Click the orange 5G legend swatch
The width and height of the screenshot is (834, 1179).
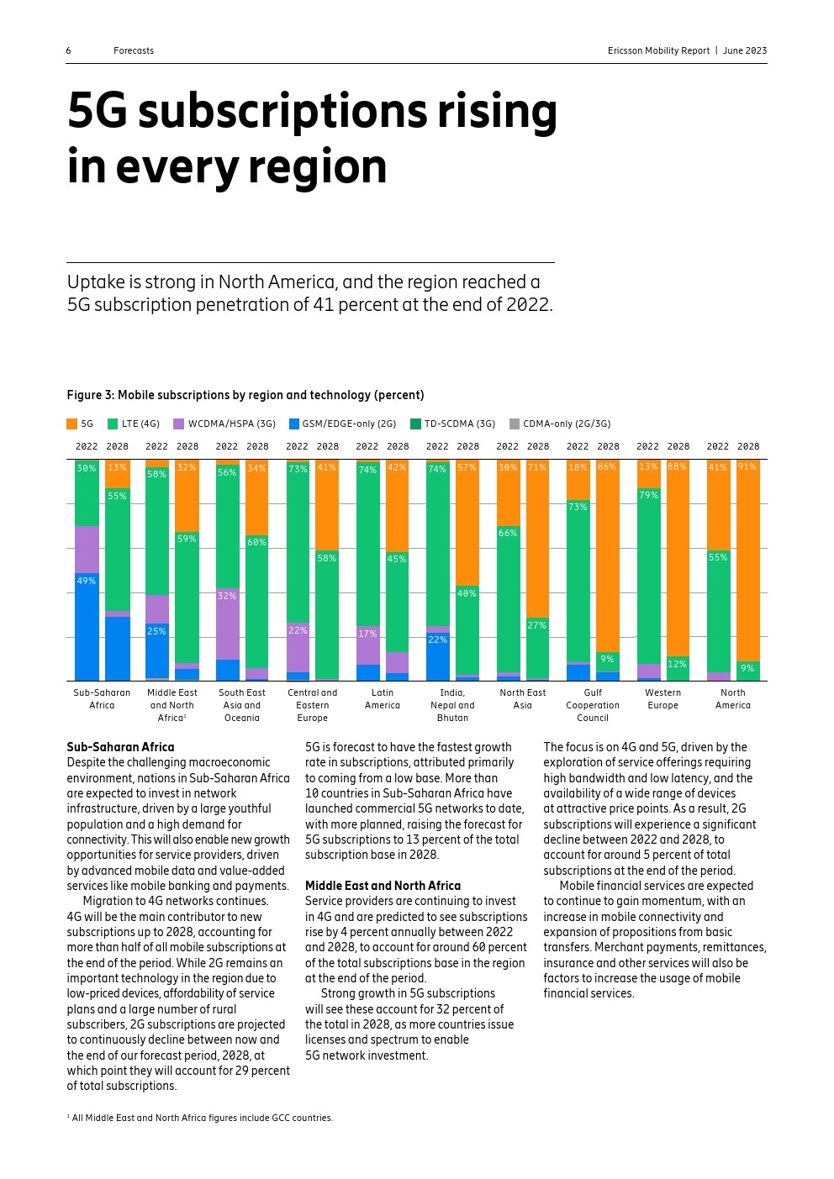pyautogui.click(x=71, y=424)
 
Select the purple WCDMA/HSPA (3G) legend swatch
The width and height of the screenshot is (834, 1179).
pyautogui.click(x=178, y=424)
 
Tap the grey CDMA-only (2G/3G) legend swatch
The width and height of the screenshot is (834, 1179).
pyautogui.click(x=515, y=424)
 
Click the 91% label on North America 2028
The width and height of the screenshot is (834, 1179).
pyautogui.click(x=747, y=467)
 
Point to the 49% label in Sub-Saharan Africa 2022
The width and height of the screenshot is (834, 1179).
pyautogui.click(x=86, y=581)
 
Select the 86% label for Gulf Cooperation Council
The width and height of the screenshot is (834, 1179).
pyautogui.click(x=606, y=467)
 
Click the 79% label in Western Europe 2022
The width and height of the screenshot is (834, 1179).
pyautogui.click(x=648, y=496)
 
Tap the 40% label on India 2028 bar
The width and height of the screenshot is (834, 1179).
pyautogui.click(x=467, y=594)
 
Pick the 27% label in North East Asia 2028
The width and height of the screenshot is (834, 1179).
pyautogui.click(x=536, y=625)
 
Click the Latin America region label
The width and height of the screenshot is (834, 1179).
pyautogui.click(x=383, y=699)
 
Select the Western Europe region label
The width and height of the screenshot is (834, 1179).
pyautogui.click(x=662, y=699)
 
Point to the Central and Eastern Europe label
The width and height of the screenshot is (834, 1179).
pyautogui.click(x=312, y=705)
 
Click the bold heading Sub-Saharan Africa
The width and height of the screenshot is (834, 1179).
pyautogui.click(x=120, y=747)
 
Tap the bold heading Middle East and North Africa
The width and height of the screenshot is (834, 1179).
pyautogui.click(x=383, y=886)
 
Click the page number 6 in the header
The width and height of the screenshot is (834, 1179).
pyautogui.click(x=68, y=51)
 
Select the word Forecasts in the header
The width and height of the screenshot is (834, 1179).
pyautogui.click(x=134, y=51)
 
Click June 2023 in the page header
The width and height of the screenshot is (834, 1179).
pyautogui.click(x=745, y=51)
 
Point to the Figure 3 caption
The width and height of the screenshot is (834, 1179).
pyautogui.click(x=245, y=395)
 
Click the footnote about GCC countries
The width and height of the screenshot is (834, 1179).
pyautogui.click(x=200, y=1118)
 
